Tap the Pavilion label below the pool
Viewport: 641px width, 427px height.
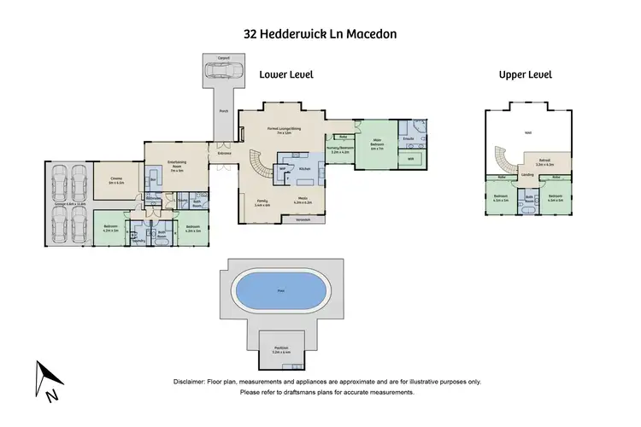pyautogui.click(x=281, y=348)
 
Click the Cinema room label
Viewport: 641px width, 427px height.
pyautogui.click(x=116, y=180)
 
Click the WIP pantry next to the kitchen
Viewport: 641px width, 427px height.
pyautogui.click(x=282, y=169)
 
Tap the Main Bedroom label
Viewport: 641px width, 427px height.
pyautogui.click(x=376, y=144)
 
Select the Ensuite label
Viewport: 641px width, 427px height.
pyautogui.click(x=409, y=137)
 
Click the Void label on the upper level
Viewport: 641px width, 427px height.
pyautogui.click(x=527, y=132)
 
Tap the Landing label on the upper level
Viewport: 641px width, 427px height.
pyautogui.click(x=528, y=175)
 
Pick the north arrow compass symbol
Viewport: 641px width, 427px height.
pyautogui.click(x=46, y=378)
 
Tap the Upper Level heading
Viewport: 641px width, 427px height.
pyautogui.click(x=526, y=75)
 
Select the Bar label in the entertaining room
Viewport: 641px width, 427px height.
pyautogui.click(x=154, y=180)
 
